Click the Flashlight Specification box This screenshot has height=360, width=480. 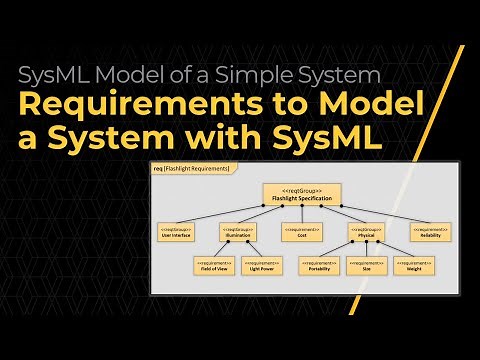click(302, 194)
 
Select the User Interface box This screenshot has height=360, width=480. click(177, 232)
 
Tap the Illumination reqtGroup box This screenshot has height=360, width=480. click(238, 232)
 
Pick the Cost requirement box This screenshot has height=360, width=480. click(299, 232)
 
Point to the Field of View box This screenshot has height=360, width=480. click(213, 266)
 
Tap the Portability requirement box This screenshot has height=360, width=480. click(320, 266)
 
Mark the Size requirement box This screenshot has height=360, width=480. click(367, 266)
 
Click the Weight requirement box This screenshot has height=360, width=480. click(412, 266)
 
